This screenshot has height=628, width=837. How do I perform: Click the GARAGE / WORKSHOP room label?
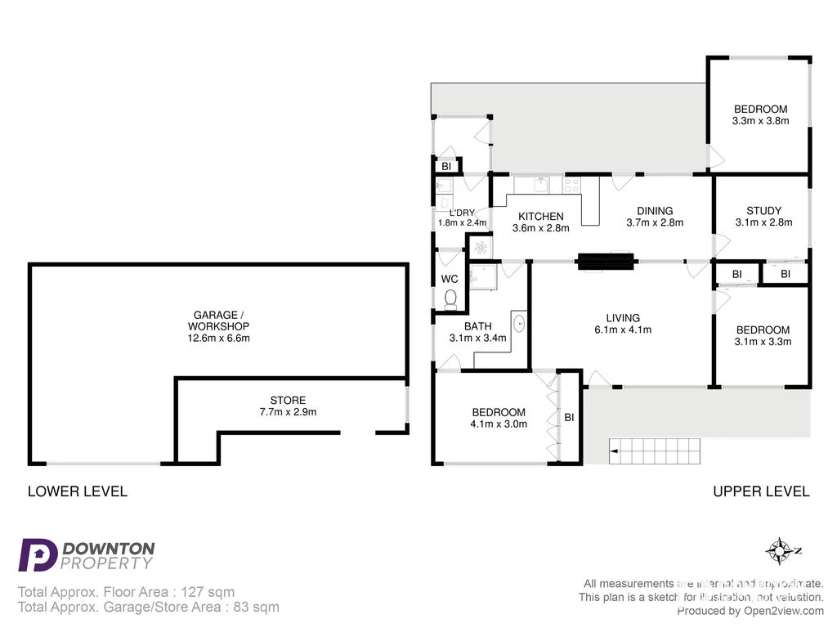(216, 321)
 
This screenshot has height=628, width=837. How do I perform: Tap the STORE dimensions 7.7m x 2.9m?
(288, 412)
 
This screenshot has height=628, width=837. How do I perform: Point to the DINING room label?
(655, 210)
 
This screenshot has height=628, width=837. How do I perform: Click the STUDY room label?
(763, 210)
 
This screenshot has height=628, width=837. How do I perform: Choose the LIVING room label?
(623, 318)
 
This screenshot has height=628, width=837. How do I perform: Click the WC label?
(450, 279)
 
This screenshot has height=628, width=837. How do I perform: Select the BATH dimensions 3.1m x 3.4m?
(478, 338)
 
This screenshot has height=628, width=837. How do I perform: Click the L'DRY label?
(462, 213)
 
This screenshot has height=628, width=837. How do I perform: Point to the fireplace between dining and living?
(606, 262)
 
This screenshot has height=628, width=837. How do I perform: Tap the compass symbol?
(781, 550)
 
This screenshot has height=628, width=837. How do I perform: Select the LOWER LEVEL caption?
(78, 491)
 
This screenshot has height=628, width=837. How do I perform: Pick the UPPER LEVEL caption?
(761, 491)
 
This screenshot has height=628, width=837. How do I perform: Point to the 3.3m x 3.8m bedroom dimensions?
(760, 121)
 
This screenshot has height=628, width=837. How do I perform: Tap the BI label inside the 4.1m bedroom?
(569, 417)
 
